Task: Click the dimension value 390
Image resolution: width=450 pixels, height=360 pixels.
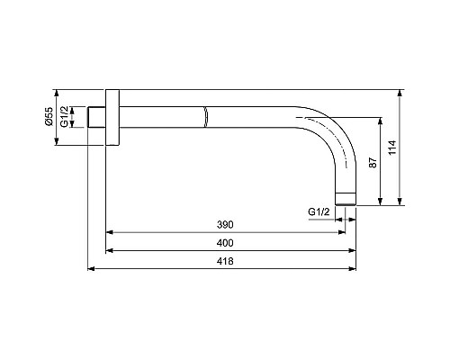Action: pos(225,225)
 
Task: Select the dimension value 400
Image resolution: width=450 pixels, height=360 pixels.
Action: pos(225,243)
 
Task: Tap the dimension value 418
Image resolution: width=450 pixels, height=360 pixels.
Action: pos(225,261)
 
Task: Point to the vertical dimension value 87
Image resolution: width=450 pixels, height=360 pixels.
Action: pos(373,162)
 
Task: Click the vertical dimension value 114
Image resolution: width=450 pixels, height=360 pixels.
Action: pos(392,148)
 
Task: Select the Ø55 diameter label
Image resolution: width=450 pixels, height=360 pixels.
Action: pos(49,116)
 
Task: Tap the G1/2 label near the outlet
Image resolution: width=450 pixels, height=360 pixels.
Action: pos(319,212)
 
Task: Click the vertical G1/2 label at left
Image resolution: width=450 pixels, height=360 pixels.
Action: pos(65,116)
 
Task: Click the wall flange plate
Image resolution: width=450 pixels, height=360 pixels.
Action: pos(112,117)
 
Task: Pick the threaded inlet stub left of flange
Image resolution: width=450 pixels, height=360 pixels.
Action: pos(96,117)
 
